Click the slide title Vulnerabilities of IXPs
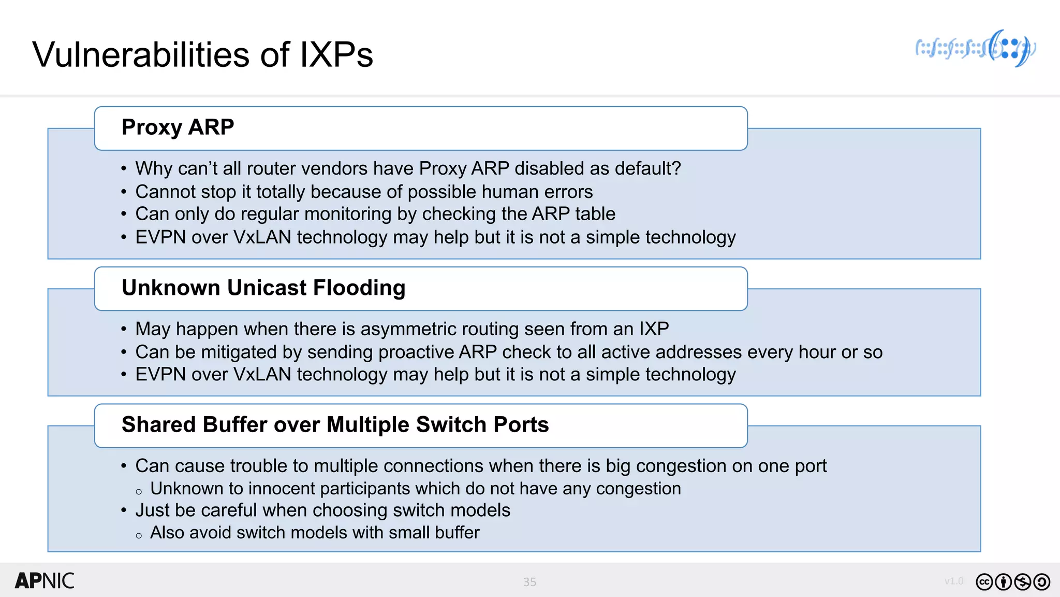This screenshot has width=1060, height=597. pos(202,54)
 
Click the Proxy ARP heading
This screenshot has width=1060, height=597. pos(178,127)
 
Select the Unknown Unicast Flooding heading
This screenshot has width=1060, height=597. pos(263,288)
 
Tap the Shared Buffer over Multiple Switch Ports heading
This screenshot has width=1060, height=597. pos(335,425)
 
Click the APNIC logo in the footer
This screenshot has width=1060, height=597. pos(45,581)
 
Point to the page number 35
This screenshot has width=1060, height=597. pos(529,582)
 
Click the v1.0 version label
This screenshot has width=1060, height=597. pos(953,581)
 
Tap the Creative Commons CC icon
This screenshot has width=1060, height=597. pos(984,582)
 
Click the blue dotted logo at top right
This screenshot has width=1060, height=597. pos(975,49)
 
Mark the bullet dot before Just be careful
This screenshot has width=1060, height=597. pos(124,511)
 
